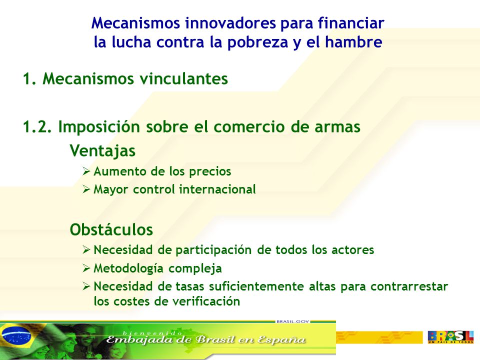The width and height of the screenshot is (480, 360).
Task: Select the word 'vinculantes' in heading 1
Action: tap(183, 78)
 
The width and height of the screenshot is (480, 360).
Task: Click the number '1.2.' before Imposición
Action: tap(37, 126)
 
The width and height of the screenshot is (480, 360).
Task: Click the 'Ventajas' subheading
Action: tap(102, 150)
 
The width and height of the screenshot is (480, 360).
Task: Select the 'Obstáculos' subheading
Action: tap(111, 229)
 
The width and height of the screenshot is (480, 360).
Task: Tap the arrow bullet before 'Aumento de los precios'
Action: tap(86, 171)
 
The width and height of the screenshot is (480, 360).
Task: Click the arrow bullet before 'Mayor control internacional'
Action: tap(86, 189)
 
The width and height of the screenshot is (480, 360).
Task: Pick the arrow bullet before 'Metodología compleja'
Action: tap(86, 268)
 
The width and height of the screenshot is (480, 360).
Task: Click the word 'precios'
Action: tap(210, 171)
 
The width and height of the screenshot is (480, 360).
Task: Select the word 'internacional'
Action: tap(217, 189)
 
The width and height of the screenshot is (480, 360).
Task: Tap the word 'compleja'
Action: tap(195, 268)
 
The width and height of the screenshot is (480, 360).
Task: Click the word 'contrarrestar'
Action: tap(409, 286)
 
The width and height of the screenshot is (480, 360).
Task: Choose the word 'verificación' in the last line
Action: tap(206, 301)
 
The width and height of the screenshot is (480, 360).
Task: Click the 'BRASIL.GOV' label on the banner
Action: tap(293, 321)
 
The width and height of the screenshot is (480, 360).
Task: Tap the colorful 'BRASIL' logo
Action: tap(450, 337)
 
